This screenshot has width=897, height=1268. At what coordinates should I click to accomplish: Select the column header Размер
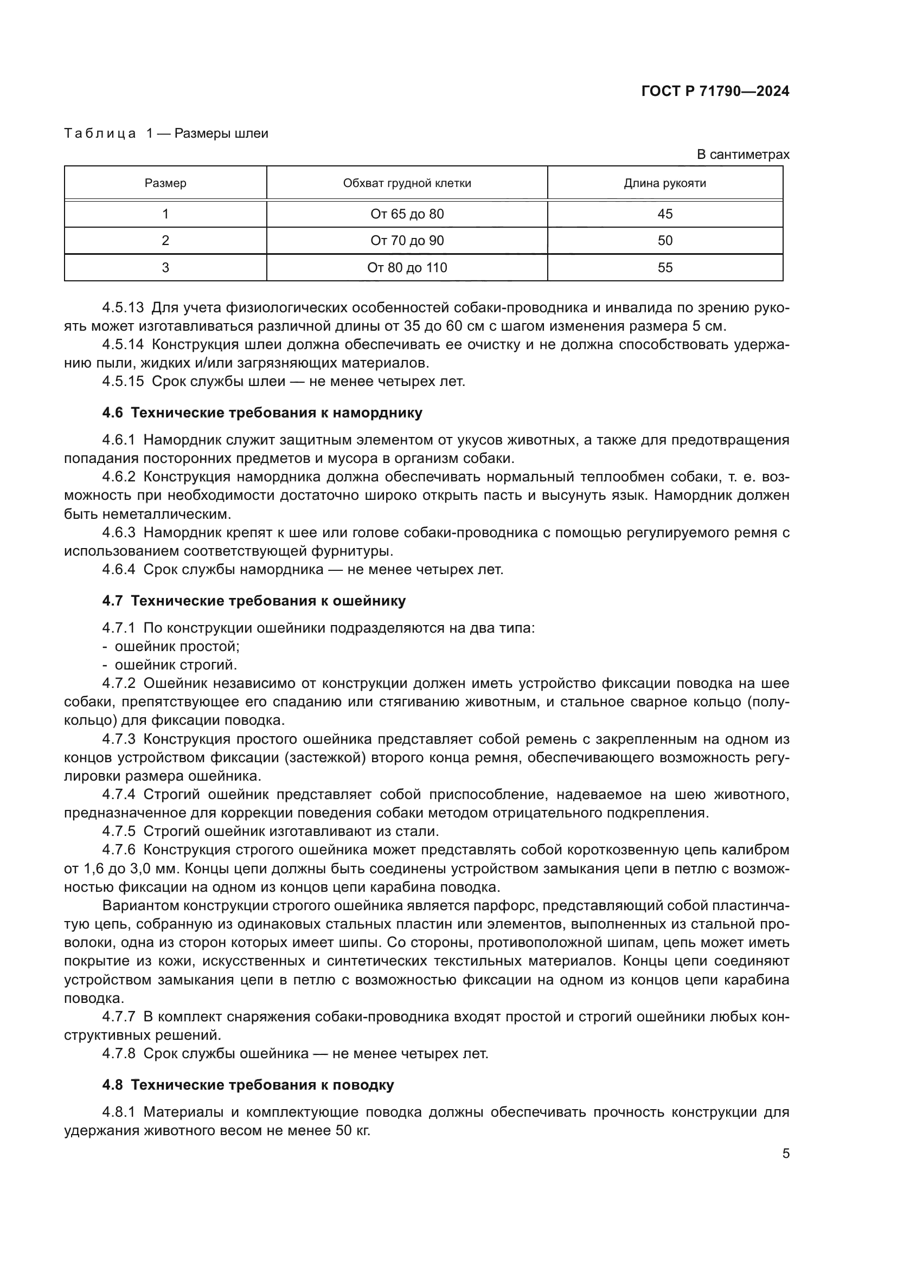coord(165,183)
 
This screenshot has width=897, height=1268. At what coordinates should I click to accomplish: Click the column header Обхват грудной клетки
coord(407,183)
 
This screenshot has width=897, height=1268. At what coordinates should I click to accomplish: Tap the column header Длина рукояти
coord(665,183)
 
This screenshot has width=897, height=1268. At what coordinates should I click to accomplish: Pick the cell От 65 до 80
coord(407,214)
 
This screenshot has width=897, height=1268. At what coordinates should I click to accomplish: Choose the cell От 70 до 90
coord(407,240)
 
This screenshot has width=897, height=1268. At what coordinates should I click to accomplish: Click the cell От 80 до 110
coord(407,267)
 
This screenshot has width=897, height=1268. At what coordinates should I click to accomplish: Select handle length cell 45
coord(665,214)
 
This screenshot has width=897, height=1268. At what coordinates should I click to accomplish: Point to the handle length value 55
coord(665,267)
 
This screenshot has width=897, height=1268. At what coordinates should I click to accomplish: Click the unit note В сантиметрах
coord(743,155)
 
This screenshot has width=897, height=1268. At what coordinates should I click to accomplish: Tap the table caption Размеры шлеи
coord(221,134)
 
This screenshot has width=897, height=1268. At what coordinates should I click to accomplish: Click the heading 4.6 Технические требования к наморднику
coord(262,413)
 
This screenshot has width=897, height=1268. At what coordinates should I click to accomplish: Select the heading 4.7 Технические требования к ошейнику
coord(253,601)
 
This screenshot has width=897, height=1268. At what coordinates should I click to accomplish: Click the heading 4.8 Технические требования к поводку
coord(248,1085)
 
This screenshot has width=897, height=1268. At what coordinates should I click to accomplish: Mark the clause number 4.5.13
coord(123,307)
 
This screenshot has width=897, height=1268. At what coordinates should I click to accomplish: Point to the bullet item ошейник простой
coord(177,646)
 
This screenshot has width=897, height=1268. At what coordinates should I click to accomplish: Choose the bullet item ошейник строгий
coord(176,665)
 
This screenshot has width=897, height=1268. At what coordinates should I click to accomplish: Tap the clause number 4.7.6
coord(119,850)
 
